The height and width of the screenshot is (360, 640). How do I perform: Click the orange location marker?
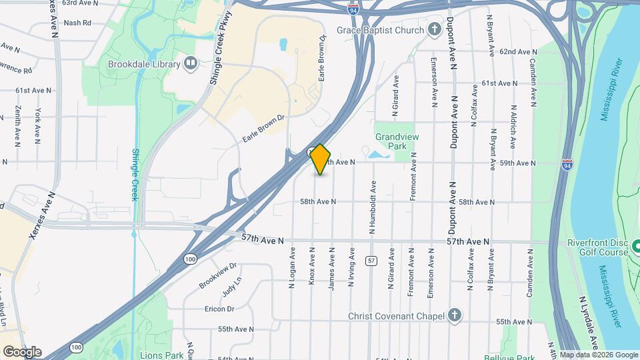point(321,159)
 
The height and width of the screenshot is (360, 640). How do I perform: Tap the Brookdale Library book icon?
point(191,64)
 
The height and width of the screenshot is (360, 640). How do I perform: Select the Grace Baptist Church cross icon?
point(435,30)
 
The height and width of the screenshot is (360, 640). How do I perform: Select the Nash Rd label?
point(77,23)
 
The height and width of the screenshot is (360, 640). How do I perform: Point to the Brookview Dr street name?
point(217,275)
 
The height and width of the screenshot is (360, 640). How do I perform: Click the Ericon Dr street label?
point(219,309)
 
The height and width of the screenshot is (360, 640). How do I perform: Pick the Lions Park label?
point(161,355)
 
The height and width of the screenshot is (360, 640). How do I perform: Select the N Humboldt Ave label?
point(372,207)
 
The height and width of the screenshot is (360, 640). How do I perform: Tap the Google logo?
point(21,351)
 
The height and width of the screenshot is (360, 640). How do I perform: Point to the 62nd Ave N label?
point(518,51)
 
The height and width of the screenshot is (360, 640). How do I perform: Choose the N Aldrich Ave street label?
point(513,127)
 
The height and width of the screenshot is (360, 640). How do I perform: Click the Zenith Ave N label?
point(17,125)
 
